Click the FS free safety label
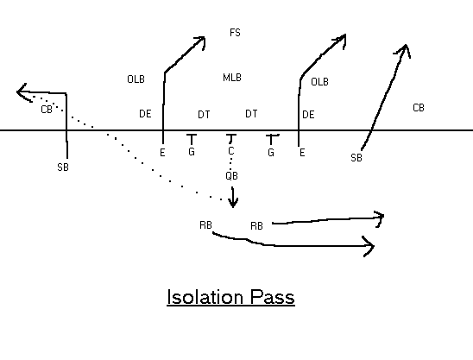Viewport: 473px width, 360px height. (236, 33)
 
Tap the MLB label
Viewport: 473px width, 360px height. (232, 78)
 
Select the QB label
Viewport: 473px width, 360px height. (231, 176)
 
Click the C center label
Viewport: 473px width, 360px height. (231, 150)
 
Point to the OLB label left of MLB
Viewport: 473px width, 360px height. (136, 79)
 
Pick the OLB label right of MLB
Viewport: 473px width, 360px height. (319, 82)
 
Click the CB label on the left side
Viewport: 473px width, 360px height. (47, 110)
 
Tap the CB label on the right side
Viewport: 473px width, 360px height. (419, 108)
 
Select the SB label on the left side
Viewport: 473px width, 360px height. (63, 167)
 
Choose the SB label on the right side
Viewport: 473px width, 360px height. (356, 158)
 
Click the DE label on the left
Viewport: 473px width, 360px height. (145, 114)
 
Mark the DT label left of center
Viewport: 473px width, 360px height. (204, 115)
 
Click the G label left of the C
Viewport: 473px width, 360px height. (192, 152)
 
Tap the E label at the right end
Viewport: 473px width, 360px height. (302, 153)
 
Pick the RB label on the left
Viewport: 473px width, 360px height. (205, 225)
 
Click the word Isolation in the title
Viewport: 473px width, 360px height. (205, 297)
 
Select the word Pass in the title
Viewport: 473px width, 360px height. (273, 297)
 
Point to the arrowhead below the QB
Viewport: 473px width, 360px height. (232, 203)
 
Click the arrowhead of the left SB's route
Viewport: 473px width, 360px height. (23, 92)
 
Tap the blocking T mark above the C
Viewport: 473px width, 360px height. (231, 138)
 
